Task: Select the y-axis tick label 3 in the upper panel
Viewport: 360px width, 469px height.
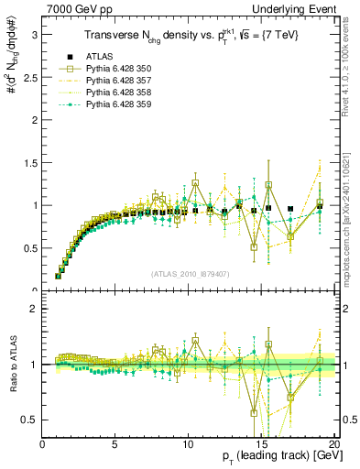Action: [x=34, y=34]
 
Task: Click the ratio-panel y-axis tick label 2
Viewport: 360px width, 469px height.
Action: [x=34, y=309]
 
